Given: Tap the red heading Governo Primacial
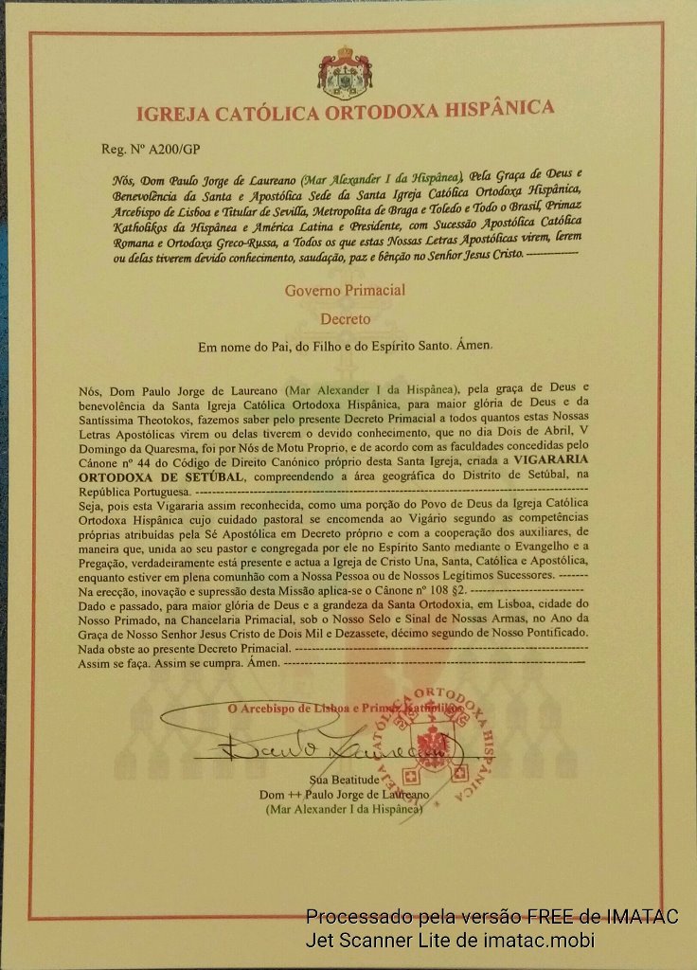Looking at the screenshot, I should [345, 290].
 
